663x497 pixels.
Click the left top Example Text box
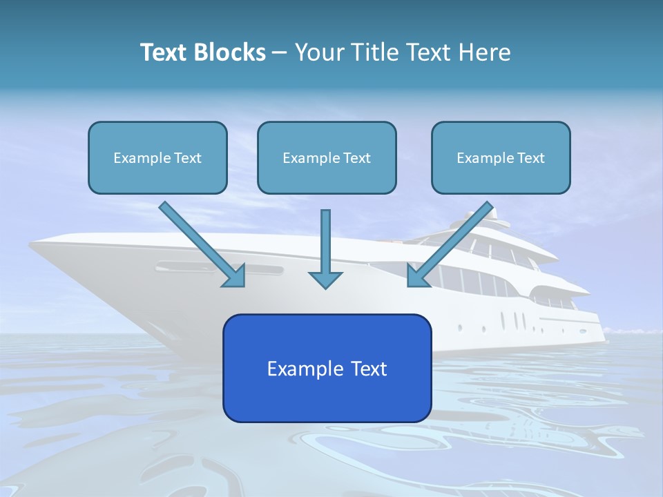coord(157,157)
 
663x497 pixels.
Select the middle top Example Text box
coord(327,157)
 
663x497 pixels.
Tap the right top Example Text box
coord(501,157)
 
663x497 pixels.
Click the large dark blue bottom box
coord(327,368)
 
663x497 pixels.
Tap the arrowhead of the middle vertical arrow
coord(325,279)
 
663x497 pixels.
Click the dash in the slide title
coord(280,52)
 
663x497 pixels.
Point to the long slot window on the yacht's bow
coord(219,267)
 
